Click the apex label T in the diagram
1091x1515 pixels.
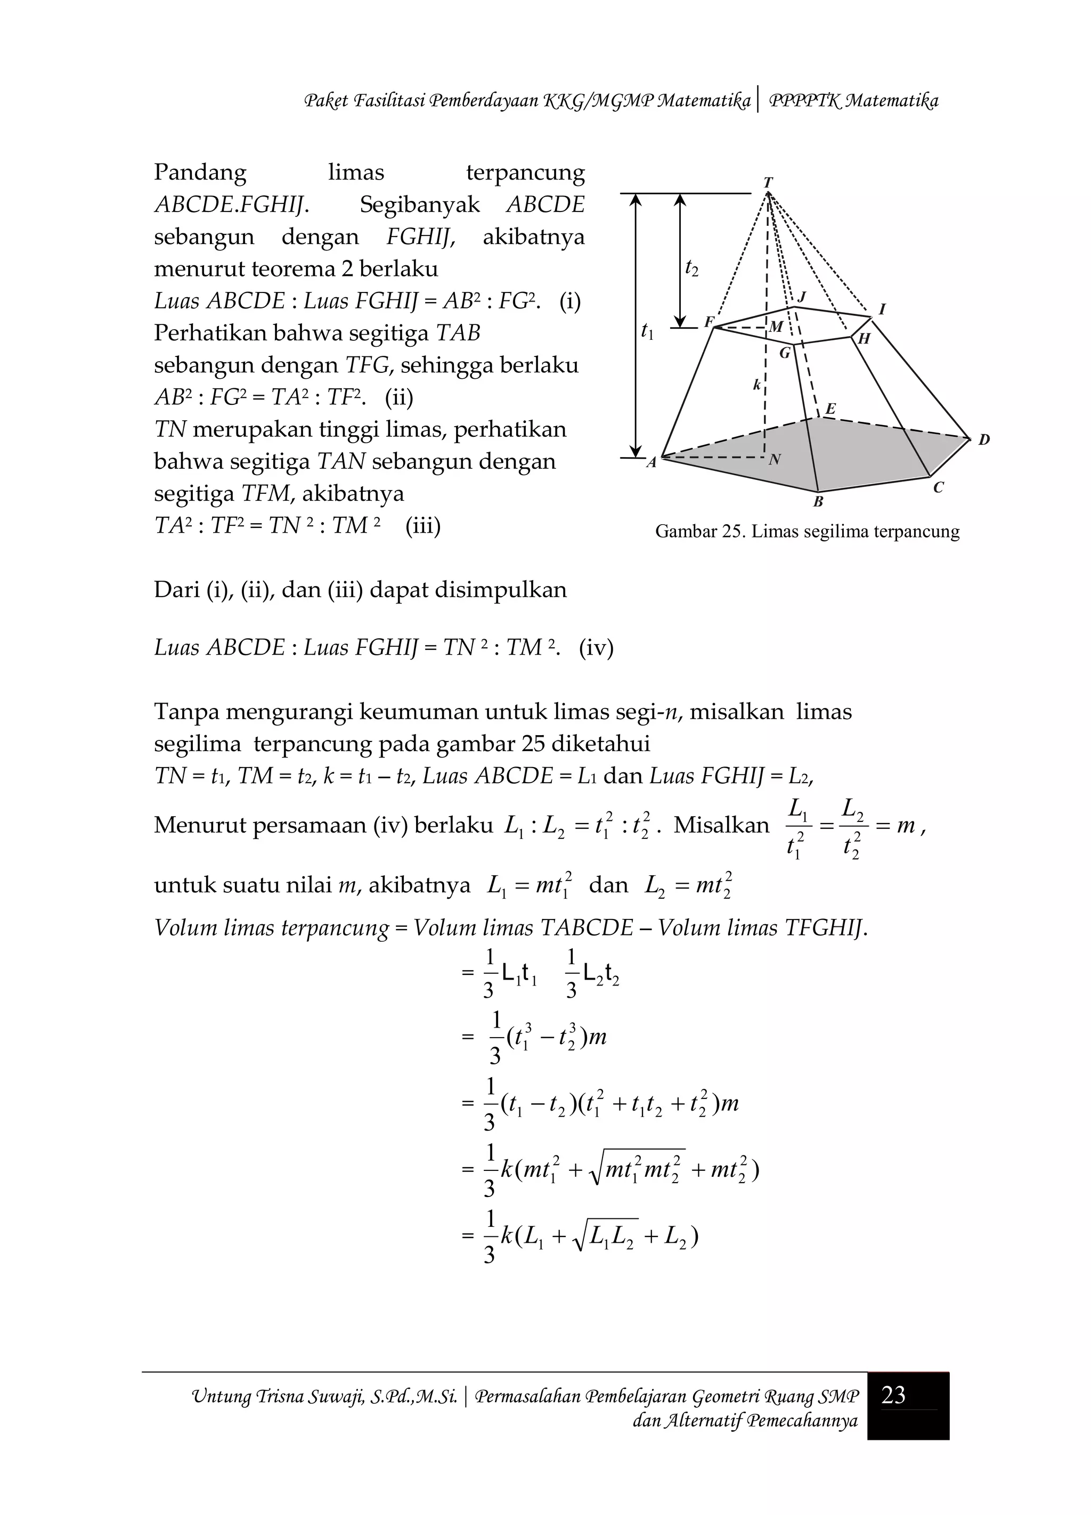[x=768, y=182]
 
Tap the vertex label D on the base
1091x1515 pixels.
[x=984, y=440]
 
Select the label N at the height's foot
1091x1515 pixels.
[x=775, y=460]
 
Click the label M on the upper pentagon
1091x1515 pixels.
[x=776, y=327]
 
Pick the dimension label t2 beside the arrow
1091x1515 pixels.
[x=692, y=268]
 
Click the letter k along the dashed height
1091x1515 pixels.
[x=756, y=385]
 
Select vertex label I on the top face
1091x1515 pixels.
[x=882, y=309]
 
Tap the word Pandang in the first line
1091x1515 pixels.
[x=200, y=173]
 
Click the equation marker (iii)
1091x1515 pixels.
[x=423, y=526]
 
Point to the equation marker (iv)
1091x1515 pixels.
[x=596, y=647]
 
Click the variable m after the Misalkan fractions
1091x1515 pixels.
[x=905, y=826]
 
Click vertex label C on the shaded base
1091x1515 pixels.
[x=938, y=488]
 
